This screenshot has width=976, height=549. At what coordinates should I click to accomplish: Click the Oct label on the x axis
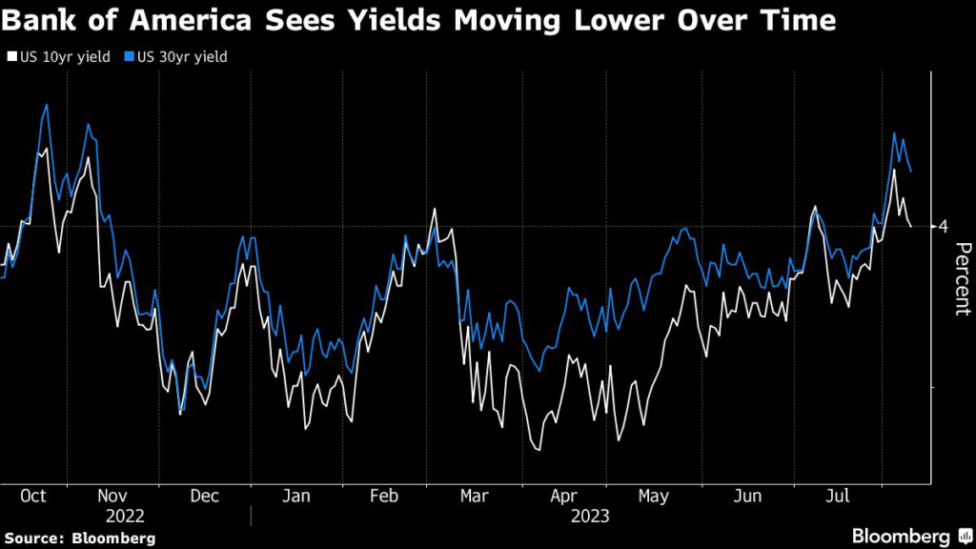33,497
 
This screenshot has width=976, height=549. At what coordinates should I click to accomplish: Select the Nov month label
112,497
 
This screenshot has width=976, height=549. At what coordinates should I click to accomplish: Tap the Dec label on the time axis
205,497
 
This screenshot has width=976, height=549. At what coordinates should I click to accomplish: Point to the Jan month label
295,497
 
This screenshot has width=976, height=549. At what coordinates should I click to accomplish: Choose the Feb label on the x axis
383,497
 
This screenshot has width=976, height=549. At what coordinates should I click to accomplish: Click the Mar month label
474,497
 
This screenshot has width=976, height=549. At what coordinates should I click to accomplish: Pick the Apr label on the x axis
564,497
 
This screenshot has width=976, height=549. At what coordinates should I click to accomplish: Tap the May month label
653,497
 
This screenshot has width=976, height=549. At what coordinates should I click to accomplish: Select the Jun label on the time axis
748,497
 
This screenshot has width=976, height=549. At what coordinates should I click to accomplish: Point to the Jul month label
836,497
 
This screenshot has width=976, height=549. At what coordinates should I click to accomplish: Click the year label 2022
126,516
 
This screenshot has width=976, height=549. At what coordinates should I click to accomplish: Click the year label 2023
590,516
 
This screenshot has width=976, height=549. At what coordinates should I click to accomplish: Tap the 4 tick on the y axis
944,226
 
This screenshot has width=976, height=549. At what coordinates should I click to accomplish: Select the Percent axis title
962,278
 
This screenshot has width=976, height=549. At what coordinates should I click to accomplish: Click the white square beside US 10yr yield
10,57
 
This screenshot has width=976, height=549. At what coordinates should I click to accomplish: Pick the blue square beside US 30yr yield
129,57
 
